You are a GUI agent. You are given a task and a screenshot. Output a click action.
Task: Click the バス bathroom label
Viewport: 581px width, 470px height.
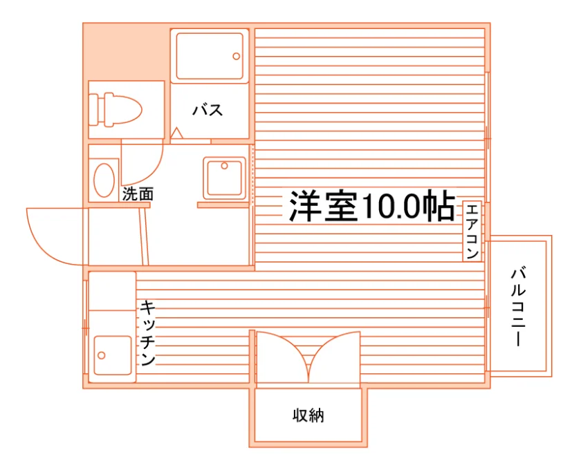coord(207,110)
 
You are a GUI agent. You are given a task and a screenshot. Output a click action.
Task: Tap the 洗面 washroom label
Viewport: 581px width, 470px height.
coord(138,194)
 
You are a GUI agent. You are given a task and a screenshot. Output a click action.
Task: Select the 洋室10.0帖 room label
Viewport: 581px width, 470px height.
coord(371,206)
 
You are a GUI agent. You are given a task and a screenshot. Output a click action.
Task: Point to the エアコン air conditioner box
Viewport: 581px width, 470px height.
coord(472,231)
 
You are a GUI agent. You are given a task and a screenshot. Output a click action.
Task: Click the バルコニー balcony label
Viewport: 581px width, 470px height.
coord(518,307)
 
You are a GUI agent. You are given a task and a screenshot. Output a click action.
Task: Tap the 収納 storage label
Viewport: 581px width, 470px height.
coord(308,415)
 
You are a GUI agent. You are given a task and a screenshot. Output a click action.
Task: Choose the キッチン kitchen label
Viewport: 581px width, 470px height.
coord(147,333)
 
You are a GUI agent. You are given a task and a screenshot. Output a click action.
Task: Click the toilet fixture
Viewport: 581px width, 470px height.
coord(116,110)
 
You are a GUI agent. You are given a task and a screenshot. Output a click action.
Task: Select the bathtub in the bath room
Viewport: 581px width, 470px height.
coord(210,56)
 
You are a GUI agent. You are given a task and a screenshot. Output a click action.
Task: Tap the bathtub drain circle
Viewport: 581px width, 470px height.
coord(237,56)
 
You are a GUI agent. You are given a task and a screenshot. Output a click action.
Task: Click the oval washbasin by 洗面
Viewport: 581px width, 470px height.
coord(104,180)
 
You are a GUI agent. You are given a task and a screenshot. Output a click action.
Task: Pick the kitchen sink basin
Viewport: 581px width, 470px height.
coord(113,355)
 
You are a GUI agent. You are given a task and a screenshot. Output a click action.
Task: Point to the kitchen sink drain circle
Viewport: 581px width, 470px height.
coord(101,355)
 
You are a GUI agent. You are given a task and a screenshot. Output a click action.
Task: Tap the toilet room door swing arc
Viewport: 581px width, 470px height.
coord(152,172)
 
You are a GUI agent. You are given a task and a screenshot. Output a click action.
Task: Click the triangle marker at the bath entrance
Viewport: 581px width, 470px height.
coord(177,133)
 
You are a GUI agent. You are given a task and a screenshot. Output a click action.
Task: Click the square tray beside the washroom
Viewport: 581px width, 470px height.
coord(225,178)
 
